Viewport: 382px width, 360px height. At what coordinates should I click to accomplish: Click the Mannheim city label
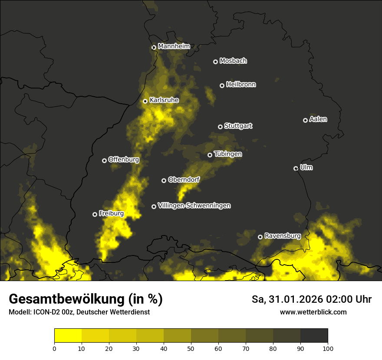174,46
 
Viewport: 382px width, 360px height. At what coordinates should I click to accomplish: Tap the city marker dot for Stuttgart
221,127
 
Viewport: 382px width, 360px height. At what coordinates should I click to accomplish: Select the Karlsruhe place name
164,100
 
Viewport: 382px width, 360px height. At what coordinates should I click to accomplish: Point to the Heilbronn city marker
222,86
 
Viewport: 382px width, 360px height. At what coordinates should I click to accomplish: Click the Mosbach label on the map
233,61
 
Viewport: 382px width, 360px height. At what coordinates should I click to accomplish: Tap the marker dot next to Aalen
305,120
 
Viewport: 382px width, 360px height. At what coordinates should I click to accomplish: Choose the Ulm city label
306,167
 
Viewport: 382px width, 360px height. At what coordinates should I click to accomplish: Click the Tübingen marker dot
210,155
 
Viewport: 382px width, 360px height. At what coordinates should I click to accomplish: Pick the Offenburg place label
124,160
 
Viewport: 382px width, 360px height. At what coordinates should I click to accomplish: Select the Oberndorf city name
184,180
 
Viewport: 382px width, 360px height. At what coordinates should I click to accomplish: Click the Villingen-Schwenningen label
194,206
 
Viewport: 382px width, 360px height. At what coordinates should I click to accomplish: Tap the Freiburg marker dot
95,214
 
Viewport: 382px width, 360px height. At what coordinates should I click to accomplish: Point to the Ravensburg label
283,236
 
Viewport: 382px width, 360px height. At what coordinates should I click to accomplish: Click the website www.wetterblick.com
313,312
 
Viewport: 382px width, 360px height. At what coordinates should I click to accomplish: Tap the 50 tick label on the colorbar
191,348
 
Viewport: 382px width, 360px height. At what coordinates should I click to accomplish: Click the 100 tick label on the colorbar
328,348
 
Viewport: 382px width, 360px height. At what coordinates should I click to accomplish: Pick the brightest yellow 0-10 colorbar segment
68,335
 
